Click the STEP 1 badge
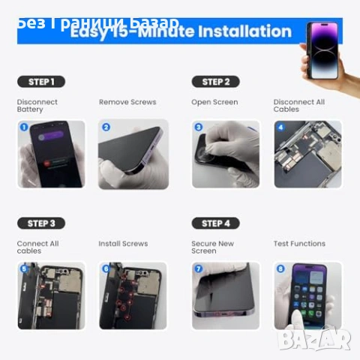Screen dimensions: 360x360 [40, 82]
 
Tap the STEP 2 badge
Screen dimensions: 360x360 [215, 82]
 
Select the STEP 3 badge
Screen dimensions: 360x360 [40, 223]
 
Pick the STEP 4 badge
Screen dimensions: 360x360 [215, 223]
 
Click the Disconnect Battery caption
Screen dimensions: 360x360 [37, 106]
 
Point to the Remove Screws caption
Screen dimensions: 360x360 [127, 102]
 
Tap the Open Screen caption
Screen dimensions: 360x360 [214, 102]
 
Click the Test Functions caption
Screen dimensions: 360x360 [299, 244]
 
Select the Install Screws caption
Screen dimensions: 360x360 [123, 244]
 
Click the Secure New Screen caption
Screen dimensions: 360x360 [213, 247]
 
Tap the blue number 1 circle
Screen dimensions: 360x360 [23, 127]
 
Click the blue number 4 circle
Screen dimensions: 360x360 [280, 127]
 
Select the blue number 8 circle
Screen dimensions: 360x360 [280, 268]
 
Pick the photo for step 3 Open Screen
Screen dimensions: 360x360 [226, 154]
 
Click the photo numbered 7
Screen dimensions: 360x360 [226, 295]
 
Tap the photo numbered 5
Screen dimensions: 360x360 [51, 295]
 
